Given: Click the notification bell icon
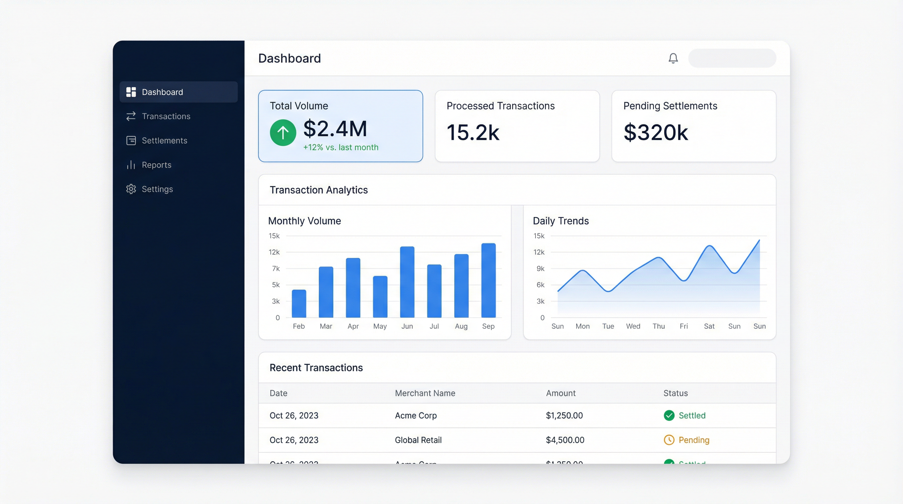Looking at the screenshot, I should [673, 58].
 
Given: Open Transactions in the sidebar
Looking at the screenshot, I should [166, 116].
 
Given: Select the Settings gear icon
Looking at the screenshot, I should [131, 189].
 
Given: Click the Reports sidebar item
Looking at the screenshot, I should [156, 165].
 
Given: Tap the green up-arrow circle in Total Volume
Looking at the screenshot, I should [283, 133].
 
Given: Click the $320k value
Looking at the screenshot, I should [655, 133].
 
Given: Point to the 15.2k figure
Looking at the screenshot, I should [472, 133].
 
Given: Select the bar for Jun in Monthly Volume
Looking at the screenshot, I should [407, 282].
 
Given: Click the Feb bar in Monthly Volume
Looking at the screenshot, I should [299, 304].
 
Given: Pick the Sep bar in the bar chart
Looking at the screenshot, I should [488, 281].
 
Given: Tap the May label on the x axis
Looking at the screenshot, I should [380, 326].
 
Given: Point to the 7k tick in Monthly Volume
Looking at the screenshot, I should [276, 269].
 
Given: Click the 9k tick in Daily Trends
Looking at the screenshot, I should [540, 269].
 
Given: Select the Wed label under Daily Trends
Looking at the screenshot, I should [633, 326].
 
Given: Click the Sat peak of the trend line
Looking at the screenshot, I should [709, 246].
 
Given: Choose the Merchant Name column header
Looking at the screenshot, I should [425, 393].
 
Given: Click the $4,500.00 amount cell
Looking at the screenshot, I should [565, 440].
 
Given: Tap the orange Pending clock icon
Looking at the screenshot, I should [669, 440].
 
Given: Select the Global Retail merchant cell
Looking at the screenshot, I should [418, 440].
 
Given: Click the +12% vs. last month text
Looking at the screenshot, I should [340, 148].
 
